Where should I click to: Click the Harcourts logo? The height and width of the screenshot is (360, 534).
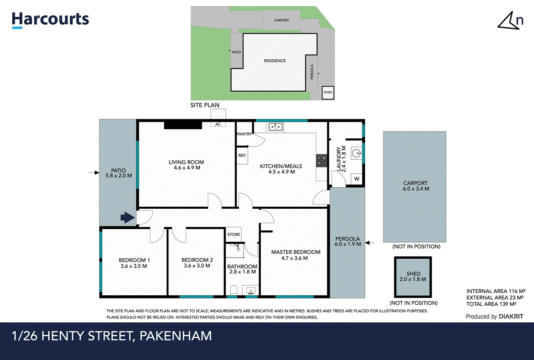pos(50,20)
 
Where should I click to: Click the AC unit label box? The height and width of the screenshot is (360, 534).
pos(218,124)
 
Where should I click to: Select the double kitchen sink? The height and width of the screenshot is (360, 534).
pos(276,127)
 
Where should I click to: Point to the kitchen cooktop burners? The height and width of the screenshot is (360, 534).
pos(321,161)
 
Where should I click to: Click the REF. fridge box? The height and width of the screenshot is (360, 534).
pos(242,156)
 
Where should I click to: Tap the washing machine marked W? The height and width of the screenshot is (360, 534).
pos(357,179)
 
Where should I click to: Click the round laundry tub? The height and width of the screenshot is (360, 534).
pos(356,153)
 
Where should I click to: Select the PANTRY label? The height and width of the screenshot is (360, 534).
pos(244,134)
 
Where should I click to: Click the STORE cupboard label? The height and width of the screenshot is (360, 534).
pos(234,235)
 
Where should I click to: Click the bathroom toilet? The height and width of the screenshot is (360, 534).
pos(234,290)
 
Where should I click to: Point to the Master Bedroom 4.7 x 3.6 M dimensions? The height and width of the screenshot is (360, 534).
pos(294,258)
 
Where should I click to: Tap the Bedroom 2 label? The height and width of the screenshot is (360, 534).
pos(197,260)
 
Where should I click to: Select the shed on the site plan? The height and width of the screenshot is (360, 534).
pos(328,92)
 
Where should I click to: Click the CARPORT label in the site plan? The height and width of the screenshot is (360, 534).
pos(281,20)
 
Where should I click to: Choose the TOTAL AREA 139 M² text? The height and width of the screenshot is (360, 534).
pos(491,304)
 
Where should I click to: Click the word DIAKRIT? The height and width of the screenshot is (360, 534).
pos(511,317)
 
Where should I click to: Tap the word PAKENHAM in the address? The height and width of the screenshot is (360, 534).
pos(176,336)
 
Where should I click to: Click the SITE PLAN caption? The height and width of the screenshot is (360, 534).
pos(205,105)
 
